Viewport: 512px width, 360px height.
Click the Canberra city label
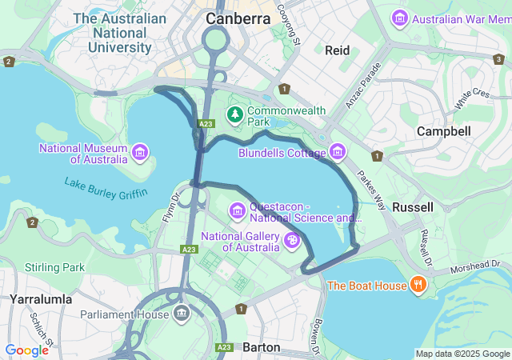point(238,18)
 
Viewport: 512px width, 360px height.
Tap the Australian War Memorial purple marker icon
point(399,17)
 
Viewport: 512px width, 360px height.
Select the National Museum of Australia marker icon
point(141,151)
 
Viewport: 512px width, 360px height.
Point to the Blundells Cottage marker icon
point(337,151)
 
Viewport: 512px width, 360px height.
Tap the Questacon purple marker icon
point(237,210)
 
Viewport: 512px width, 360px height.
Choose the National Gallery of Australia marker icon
point(294,241)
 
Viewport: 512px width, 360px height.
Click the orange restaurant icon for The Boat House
point(417,285)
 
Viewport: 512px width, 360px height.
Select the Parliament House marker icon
point(181,313)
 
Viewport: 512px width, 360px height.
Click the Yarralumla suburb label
point(41,299)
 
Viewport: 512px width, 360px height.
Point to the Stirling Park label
point(54,266)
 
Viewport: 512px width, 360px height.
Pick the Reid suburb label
point(337,50)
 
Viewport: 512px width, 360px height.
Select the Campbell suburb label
point(442,130)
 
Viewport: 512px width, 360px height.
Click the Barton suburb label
point(261,347)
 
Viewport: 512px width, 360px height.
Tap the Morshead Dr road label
point(479,266)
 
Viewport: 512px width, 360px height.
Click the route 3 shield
point(498,58)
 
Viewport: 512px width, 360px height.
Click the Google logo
point(26,350)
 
